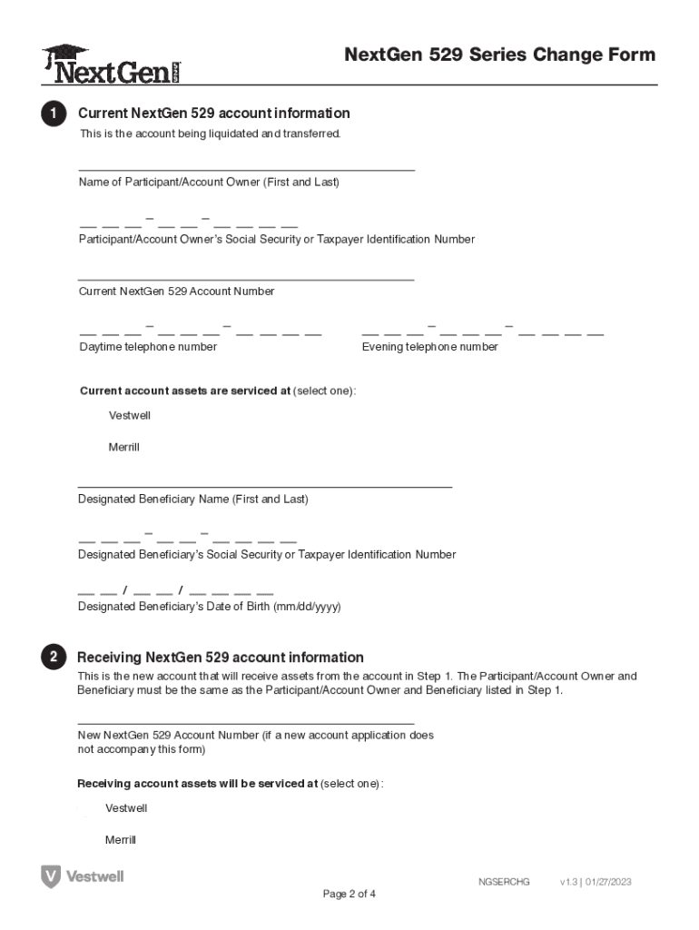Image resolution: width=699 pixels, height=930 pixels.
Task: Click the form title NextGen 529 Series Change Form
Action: click(x=499, y=54)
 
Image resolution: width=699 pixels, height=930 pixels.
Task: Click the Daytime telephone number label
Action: click(x=148, y=347)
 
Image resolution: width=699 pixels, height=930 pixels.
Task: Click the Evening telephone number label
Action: click(x=429, y=347)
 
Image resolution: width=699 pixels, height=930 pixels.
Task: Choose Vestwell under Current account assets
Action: click(x=129, y=415)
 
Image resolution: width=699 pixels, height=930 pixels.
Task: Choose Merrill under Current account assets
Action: click(x=123, y=447)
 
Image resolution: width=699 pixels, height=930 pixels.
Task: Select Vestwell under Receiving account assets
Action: click(x=126, y=808)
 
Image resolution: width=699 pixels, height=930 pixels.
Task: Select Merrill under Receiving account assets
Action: click(x=121, y=840)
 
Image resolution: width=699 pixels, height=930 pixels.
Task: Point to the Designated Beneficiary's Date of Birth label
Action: click(x=209, y=607)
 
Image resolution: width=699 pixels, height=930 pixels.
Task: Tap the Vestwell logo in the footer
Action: click(x=83, y=876)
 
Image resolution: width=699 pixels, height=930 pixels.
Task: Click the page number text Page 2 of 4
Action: click(x=349, y=894)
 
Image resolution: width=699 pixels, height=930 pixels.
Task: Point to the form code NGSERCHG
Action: click(x=504, y=882)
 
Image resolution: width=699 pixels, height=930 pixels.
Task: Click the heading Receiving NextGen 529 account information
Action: click(x=221, y=658)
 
